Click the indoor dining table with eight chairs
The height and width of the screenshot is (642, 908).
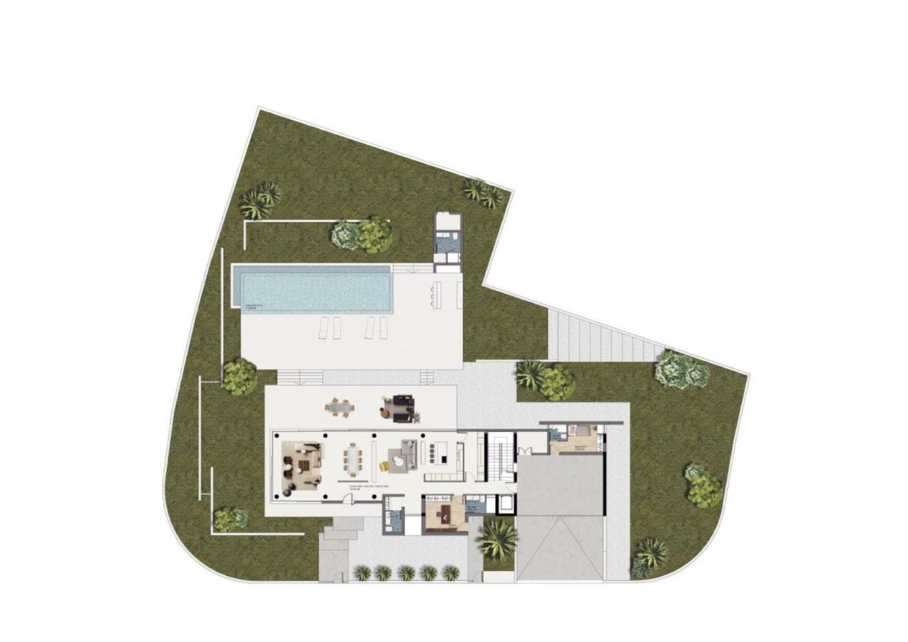point(353,459)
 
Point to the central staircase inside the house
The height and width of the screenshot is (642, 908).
point(497,458)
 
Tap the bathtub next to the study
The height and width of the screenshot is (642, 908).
point(506,505)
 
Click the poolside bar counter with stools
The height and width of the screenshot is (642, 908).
point(436,293)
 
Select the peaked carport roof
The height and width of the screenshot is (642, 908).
point(560,546)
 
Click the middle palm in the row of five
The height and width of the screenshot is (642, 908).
point(406,572)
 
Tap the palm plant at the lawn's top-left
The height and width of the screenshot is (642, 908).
point(260,200)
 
